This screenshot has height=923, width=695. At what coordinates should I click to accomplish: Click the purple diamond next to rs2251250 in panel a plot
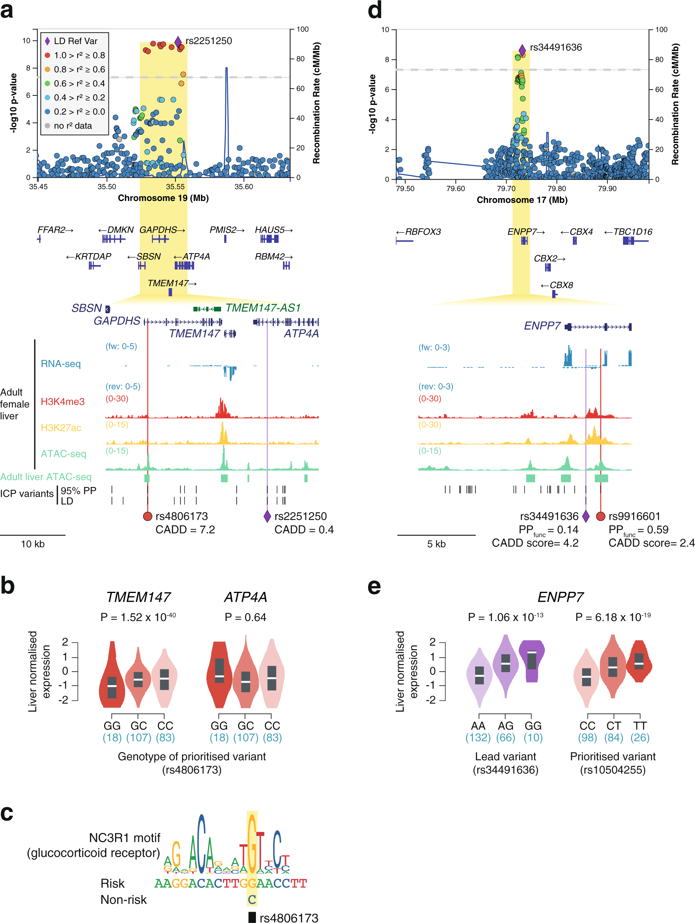coord(178,41)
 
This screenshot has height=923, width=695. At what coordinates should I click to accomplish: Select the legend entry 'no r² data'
coord(72,126)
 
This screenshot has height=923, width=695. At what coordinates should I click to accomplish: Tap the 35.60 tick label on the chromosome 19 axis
coord(243,186)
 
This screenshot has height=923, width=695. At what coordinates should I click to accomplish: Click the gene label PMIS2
coord(223,230)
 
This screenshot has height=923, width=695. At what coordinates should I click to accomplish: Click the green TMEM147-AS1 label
coord(263,308)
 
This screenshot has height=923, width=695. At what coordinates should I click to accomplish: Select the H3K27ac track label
coord(61,427)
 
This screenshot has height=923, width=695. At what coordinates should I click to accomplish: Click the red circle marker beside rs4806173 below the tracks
coord(147,516)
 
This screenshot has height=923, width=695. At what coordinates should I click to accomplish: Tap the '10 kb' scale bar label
coord(32,544)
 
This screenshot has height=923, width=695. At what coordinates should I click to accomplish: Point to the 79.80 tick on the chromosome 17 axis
coord(557,189)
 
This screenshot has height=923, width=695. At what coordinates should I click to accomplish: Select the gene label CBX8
coord(561,285)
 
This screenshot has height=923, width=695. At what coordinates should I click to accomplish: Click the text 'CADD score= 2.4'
coord(651,543)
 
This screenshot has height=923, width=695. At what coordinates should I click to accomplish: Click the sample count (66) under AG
coord(505,737)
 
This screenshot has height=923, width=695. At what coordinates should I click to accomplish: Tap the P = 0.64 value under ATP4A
coord(245,617)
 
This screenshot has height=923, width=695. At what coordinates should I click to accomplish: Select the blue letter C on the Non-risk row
coord(252,900)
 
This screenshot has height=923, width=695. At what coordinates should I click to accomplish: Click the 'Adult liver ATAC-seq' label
coord(46,476)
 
